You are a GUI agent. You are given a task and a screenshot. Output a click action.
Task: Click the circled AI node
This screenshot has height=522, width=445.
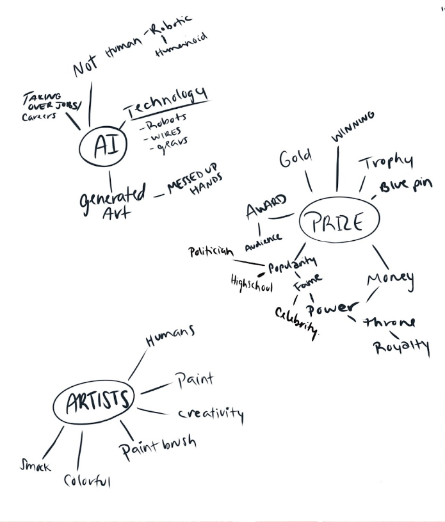pyautogui.click(x=103, y=147)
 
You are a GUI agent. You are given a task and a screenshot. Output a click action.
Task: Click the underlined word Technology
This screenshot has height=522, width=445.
pyautogui.click(x=167, y=102)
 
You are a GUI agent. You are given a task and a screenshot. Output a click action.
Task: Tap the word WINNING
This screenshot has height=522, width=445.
pyautogui.click(x=352, y=126)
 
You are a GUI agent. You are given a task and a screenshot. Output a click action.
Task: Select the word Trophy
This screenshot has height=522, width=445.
pyautogui.click(x=385, y=163)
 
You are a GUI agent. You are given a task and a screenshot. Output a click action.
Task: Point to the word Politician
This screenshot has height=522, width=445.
pyautogui.click(x=210, y=252)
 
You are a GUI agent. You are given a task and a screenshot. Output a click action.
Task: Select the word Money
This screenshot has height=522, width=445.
pyautogui.click(x=390, y=279)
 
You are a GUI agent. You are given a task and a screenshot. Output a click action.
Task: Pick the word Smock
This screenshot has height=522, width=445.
pyautogui.click(x=35, y=466)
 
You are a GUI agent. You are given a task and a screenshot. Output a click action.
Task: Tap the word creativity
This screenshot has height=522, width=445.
pyautogui.click(x=211, y=414)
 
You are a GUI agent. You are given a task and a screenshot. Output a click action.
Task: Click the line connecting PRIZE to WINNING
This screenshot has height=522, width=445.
pyautogui.click(x=337, y=169)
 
